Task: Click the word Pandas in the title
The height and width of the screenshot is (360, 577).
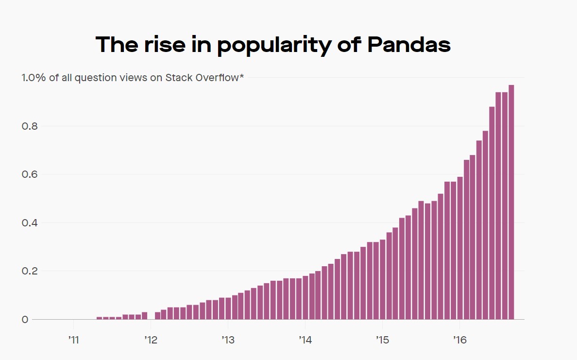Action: tap(408, 45)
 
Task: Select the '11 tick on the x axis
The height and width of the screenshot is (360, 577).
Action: tap(73, 339)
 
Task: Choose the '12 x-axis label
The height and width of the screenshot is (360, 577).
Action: tap(150, 339)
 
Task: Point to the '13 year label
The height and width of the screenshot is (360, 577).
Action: tap(227, 339)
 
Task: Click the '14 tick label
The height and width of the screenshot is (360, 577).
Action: tap(305, 339)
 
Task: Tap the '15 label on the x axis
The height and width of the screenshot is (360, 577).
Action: tap(382, 339)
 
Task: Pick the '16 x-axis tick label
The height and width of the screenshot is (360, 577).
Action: tap(459, 339)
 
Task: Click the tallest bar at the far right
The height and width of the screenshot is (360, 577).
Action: tap(511, 204)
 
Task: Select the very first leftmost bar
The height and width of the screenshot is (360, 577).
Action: tap(99, 318)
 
